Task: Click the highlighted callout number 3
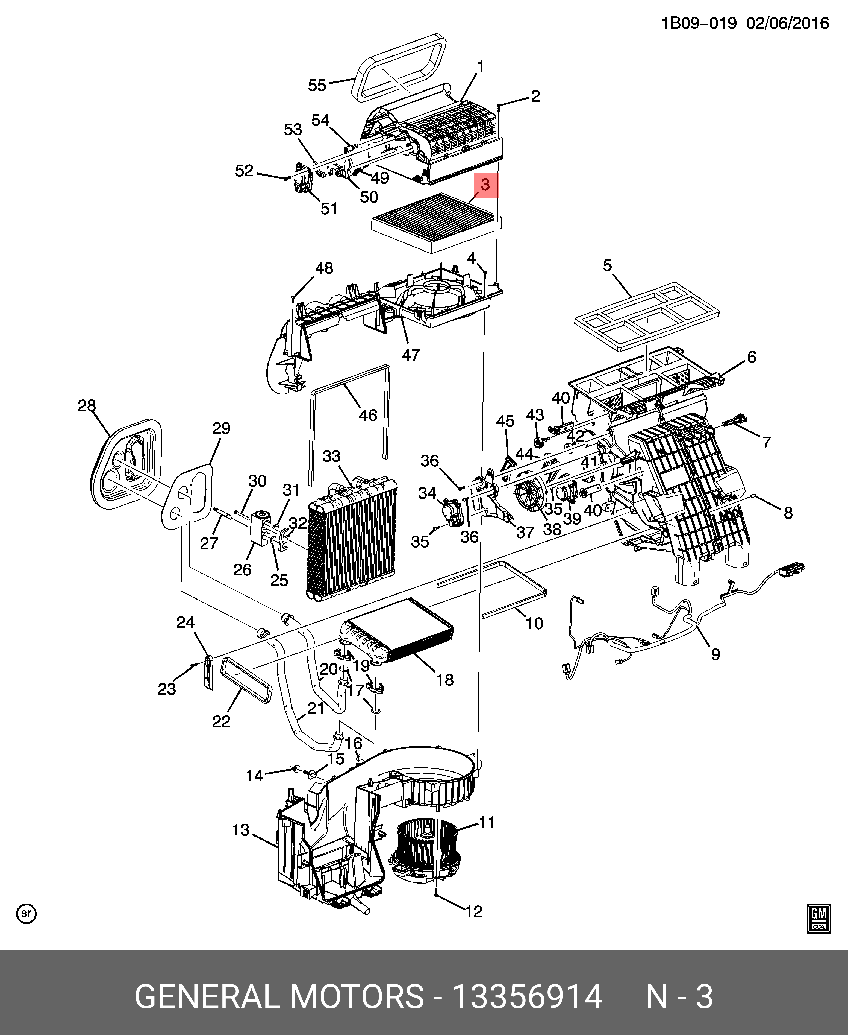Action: pyautogui.click(x=485, y=185)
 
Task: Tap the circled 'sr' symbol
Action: pyautogui.click(x=26, y=913)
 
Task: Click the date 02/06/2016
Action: pyautogui.click(x=787, y=23)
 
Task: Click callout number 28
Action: pyautogui.click(x=87, y=406)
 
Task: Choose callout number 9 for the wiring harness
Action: pyautogui.click(x=715, y=654)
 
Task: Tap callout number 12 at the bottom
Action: pyautogui.click(x=474, y=911)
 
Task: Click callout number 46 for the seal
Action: pyautogui.click(x=368, y=415)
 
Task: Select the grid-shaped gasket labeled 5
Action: pyautogui.click(x=647, y=316)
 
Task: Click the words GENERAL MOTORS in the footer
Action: pyautogui.click(x=279, y=997)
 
